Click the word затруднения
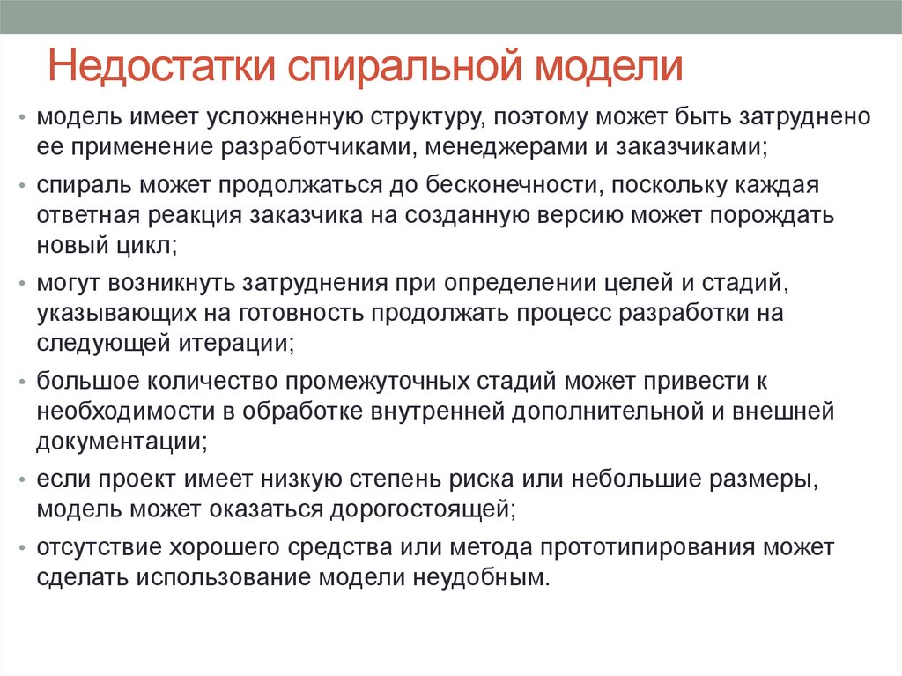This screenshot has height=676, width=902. point(304,284)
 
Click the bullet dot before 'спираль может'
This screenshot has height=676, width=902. point(24,186)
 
